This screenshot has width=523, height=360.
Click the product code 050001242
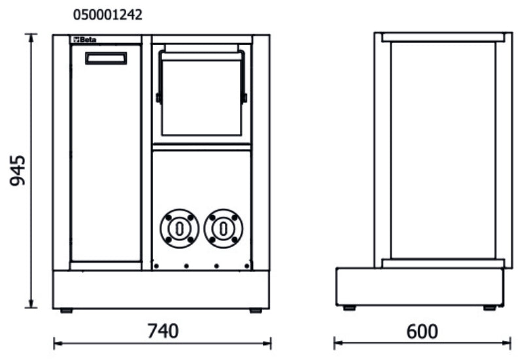[x=107, y=14]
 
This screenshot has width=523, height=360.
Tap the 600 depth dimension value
[x=422, y=331]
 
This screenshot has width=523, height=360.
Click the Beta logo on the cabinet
[x=84, y=41]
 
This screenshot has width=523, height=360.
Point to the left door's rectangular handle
[x=105, y=59]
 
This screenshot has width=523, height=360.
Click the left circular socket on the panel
[x=178, y=228]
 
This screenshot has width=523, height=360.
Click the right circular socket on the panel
[x=223, y=228]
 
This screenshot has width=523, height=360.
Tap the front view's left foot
[x=66, y=310]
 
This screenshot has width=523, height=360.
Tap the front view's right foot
[x=255, y=310]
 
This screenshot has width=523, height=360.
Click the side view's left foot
[x=350, y=308]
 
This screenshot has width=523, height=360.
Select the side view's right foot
[x=489, y=308]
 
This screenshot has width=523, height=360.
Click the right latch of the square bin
[x=245, y=98]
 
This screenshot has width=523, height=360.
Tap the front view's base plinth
[x=161, y=289]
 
